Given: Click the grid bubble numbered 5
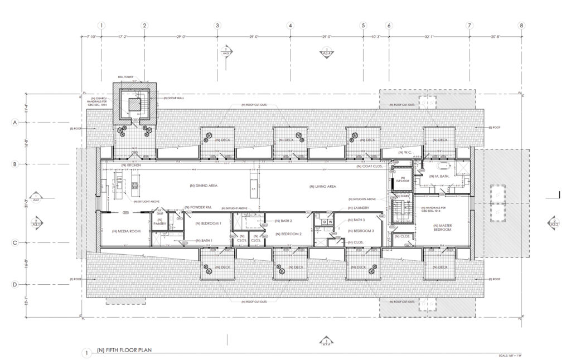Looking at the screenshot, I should click(363, 25).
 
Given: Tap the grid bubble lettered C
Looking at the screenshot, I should click(16, 242).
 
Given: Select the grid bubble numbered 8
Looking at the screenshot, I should click(521, 25).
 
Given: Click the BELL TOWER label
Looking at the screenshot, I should click(126, 77).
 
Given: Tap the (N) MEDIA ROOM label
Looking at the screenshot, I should click(125, 231).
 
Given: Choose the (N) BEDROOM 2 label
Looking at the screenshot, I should click(288, 234).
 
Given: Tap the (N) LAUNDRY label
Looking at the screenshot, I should click(350, 208).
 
